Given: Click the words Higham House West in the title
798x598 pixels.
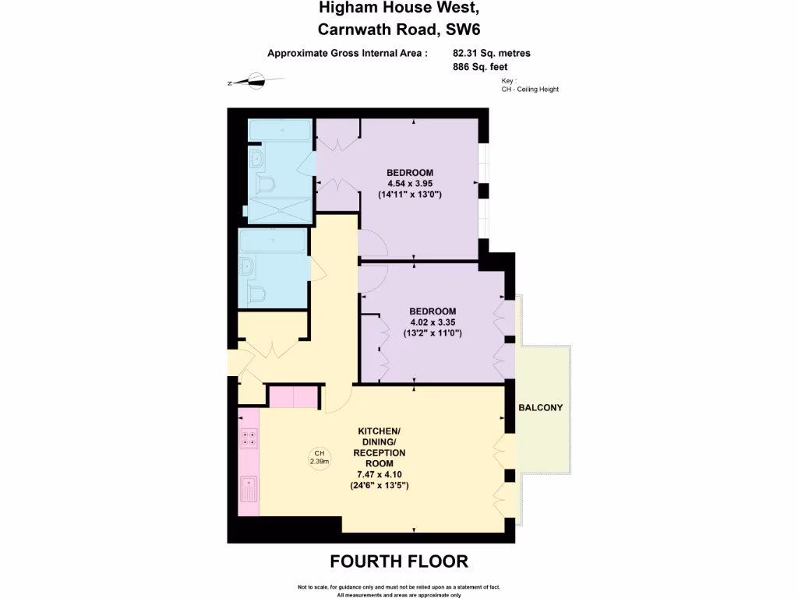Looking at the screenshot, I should click(x=399, y=9).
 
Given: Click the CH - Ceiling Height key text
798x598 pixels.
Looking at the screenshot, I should click(x=530, y=90).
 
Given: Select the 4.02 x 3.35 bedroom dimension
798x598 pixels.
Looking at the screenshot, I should click(x=433, y=322).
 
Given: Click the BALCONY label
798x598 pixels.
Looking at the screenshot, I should click(x=541, y=408).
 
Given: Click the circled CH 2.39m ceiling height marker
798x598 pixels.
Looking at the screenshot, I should click(x=319, y=457).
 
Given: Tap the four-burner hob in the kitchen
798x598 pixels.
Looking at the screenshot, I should click(x=249, y=438).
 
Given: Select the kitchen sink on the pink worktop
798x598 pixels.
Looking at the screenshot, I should click(x=249, y=490).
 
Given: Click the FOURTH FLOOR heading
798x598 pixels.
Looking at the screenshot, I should click(x=399, y=561).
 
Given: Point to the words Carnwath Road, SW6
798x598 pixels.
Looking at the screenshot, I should click(x=399, y=30).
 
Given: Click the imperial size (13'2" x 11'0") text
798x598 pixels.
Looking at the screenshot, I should click(x=433, y=332).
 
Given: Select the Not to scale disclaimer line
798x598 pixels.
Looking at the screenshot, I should click(x=399, y=586).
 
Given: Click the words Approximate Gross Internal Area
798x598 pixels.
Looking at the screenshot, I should click(x=348, y=54).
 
